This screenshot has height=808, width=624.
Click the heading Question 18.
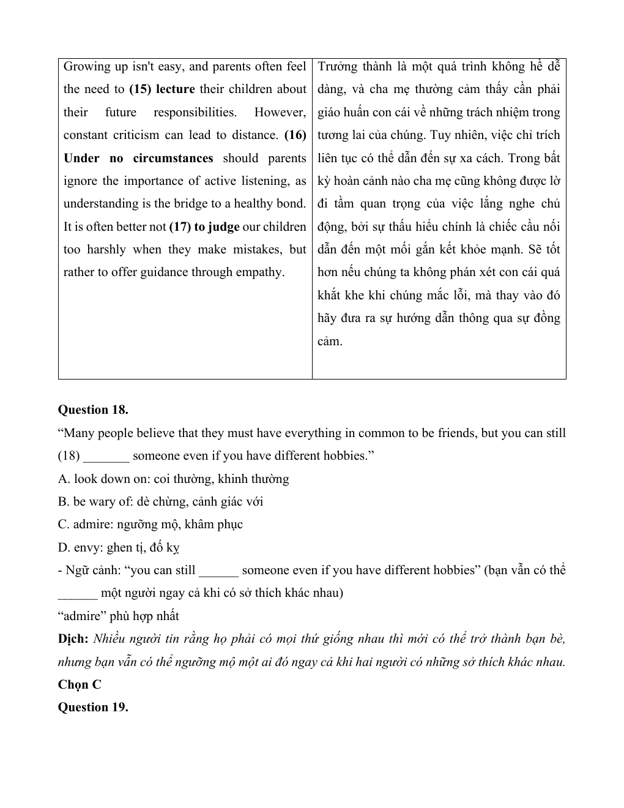(93, 410)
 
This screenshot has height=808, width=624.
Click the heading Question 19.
(93, 708)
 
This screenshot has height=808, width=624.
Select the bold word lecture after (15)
(175, 89)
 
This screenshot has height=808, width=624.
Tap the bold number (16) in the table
(295, 135)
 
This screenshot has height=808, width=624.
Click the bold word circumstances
(173, 159)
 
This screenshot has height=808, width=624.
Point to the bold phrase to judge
(217, 227)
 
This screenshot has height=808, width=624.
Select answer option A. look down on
(173, 479)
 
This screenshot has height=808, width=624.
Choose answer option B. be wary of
(160, 502)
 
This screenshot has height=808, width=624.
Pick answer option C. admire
(150, 525)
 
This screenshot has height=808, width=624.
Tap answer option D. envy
(118, 548)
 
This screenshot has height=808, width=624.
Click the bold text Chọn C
(80, 685)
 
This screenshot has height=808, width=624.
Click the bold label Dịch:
(73, 639)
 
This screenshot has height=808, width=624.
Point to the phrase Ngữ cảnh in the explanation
(89, 570)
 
